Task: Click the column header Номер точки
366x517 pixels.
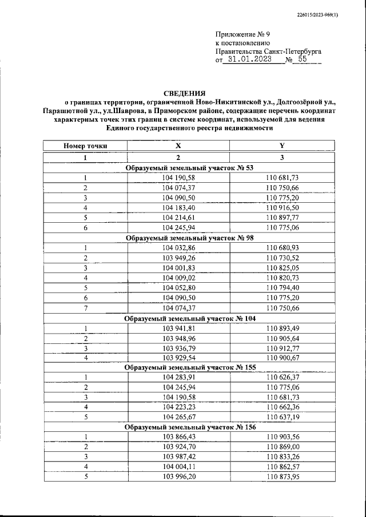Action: click(x=85, y=146)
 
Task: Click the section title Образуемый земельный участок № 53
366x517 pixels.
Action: click(x=189, y=167)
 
